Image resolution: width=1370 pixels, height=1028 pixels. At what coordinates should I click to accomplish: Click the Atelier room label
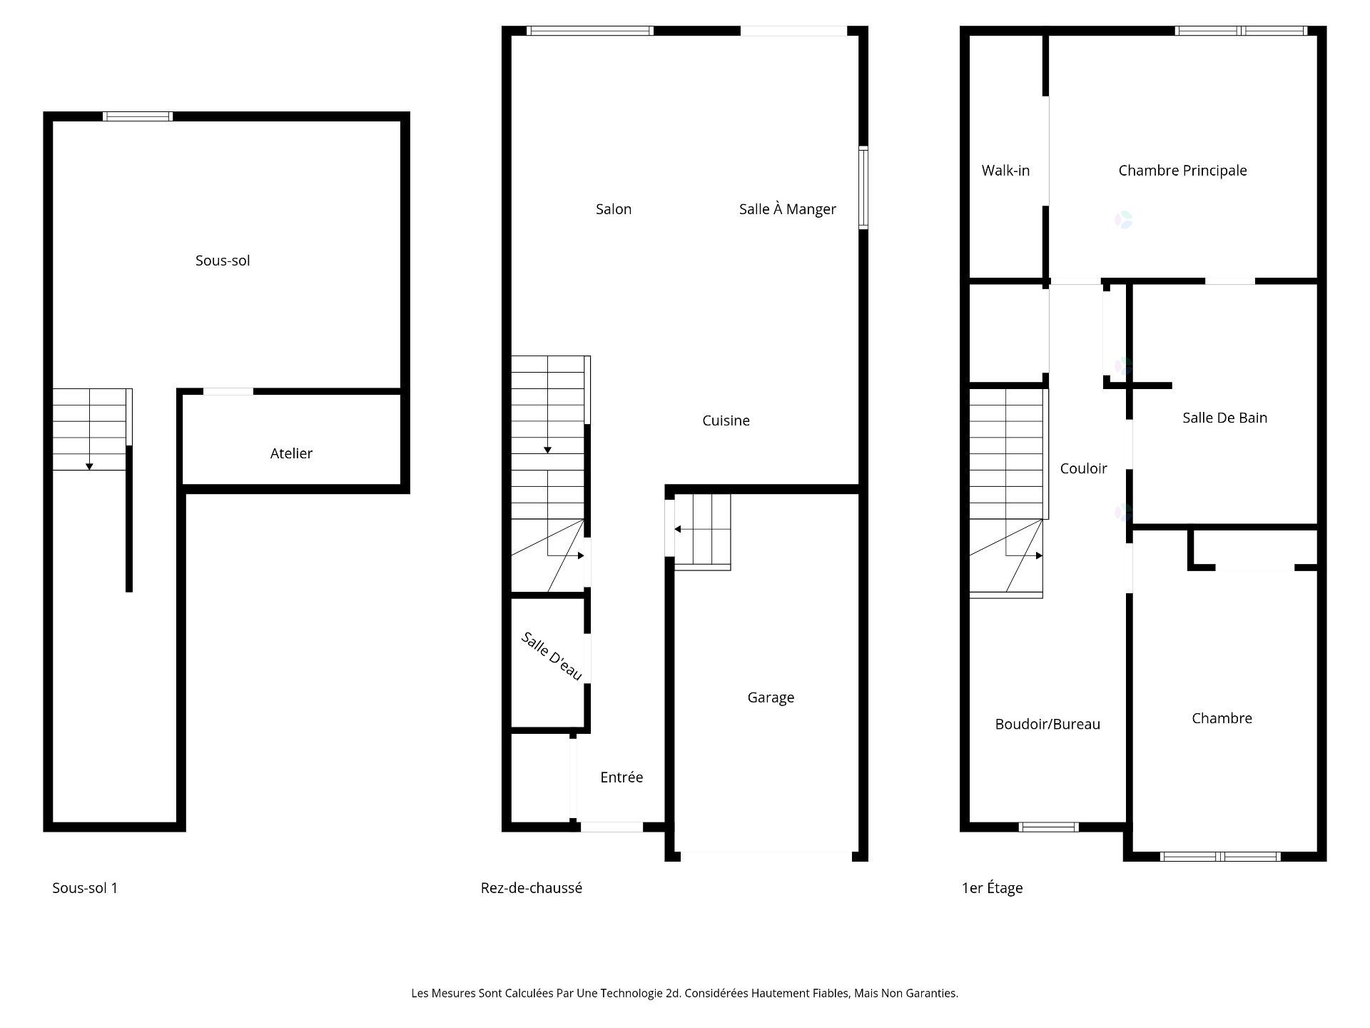[x=291, y=453]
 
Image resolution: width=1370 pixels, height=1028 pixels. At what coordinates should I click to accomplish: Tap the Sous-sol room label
[x=223, y=261]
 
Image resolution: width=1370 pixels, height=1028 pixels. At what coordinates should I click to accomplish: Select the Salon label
[x=614, y=209]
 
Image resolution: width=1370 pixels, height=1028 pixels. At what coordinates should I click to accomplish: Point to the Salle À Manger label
[x=787, y=208]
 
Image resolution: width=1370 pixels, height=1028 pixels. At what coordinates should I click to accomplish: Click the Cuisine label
[x=726, y=420]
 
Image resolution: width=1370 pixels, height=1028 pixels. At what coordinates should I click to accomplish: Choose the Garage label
[x=771, y=697]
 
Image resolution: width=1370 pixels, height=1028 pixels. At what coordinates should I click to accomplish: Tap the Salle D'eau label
[x=552, y=656]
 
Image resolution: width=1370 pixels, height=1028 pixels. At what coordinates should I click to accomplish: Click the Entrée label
[x=621, y=777]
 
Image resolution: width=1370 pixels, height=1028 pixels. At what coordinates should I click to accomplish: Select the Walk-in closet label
[x=1005, y=171]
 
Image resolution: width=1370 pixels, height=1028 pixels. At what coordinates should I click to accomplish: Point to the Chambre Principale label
[x=1182, y=171]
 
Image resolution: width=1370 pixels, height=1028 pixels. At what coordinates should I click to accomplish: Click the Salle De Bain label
[x=1224, y=418]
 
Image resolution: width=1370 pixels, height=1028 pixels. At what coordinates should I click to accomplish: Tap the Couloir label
[x=1083, y=468]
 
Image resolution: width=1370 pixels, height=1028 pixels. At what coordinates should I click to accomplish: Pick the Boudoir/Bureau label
[x=1047, y=724]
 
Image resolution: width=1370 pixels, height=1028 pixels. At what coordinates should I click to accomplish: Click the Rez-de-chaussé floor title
[x=531, y=888]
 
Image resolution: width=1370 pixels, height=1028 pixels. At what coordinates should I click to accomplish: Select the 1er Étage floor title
[x=992, y=888]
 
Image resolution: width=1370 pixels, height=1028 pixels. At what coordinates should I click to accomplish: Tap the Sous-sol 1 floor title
[x=85, y=888]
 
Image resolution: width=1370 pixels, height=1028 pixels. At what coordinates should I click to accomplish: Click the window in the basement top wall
[x=138, y=116]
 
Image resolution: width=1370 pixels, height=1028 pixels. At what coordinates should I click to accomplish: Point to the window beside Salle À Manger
[x=863, y=188]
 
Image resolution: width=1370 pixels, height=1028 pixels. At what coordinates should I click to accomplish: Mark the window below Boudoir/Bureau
[x=1048, y=827]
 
